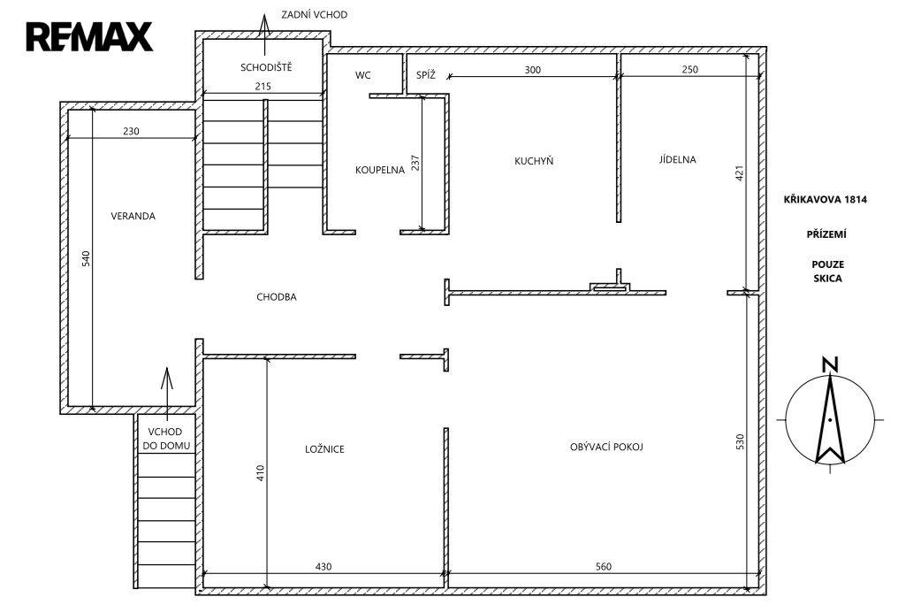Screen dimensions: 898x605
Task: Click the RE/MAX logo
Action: [x=89, y=36]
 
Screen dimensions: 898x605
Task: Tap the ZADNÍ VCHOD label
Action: [x=314, y=14]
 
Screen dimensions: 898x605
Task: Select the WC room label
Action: [x=362, y=75]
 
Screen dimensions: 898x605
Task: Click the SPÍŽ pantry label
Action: [x=425, y=75]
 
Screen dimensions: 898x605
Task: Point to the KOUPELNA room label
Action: [x=380, y=170]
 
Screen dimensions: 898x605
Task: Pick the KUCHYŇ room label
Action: [x=534, y=161]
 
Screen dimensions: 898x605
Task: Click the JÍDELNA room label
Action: [x=678, y=159]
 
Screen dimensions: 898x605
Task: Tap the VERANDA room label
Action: [x=133, y=216]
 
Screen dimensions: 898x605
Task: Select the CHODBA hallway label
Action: [x=277, y=297]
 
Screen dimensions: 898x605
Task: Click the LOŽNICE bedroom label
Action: [x=324, y=448]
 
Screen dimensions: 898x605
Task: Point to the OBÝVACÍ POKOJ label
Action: [x=606, y=447]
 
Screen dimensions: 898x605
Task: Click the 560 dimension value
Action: [x=604, y=567]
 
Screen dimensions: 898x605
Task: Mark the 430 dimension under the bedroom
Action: [x=323, y=567]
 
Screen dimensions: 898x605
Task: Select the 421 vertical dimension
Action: [x=740, y=173]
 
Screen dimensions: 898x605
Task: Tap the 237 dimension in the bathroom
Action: [x=415, y=163]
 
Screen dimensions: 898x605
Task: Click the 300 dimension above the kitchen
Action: [x=533, y=70]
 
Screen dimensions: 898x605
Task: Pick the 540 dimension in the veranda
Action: [x=86, y=258]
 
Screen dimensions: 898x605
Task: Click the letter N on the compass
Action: [x=830, y=365]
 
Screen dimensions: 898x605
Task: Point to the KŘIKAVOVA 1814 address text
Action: [x=826, y=199]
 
